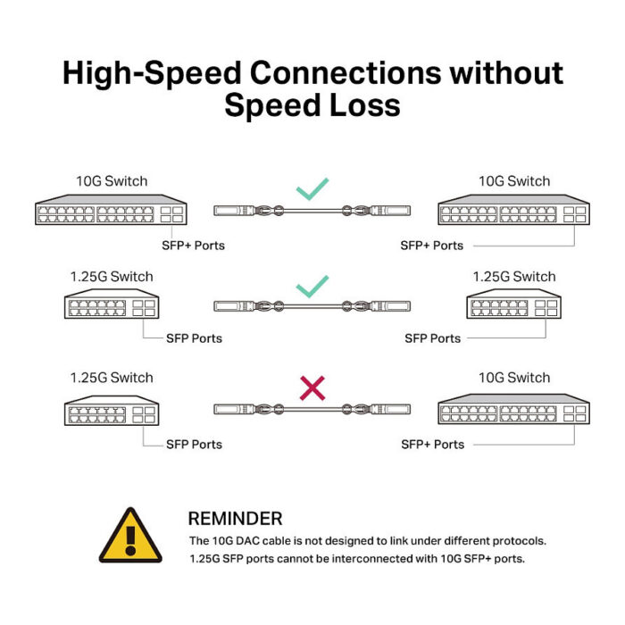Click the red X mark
(312, 387)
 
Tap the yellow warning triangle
(130, 536)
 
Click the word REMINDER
(235, 519)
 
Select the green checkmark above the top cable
(312, 188)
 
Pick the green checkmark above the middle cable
(312, 287)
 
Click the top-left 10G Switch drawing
(112, 210)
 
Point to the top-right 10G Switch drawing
(513, 210)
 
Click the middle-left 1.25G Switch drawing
(112, 304)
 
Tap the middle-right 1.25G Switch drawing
(513, 304)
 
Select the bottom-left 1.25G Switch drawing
(112, 411)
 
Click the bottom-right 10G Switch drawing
(513, 409)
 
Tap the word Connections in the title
(346, 73)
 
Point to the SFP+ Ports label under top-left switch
(194, 246)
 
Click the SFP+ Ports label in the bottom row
(433, 445)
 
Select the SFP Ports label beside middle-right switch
(433, 338)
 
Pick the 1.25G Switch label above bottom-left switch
(112, 378)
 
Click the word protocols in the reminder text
(520, 541)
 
